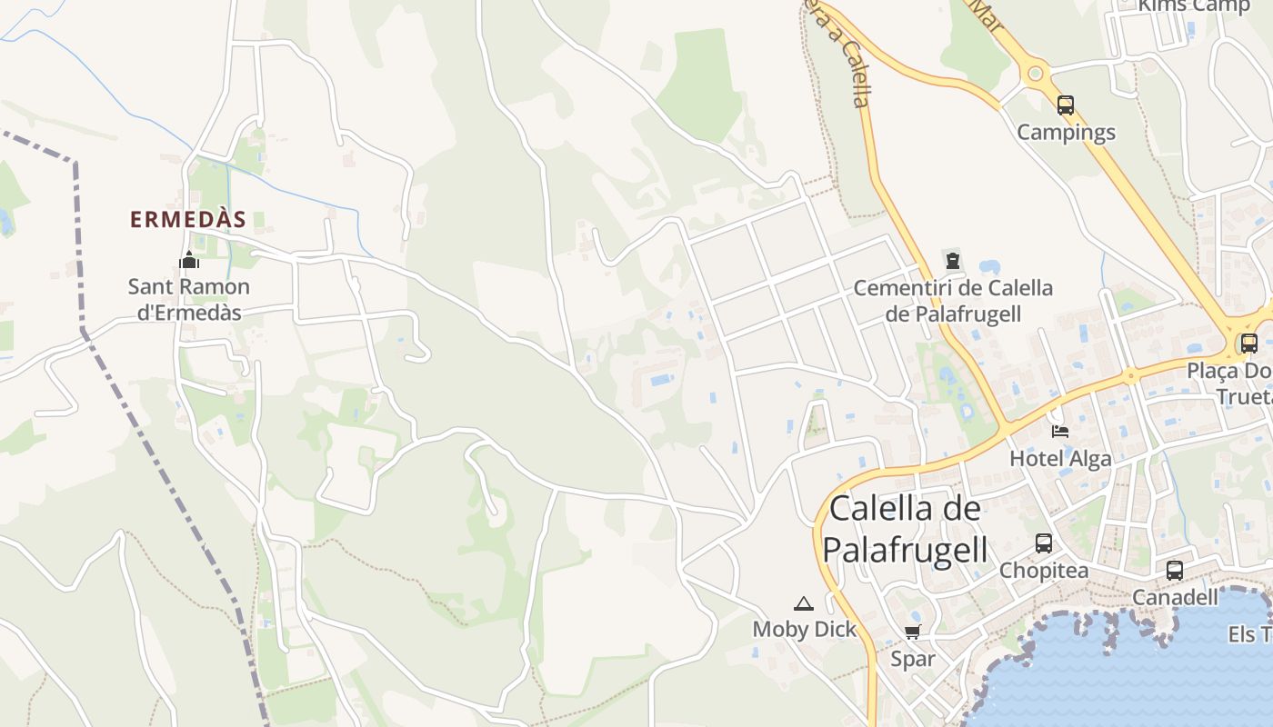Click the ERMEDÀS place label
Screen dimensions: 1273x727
tap(188, 220)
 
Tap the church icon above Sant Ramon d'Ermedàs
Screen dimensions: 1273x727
tap(189, 261)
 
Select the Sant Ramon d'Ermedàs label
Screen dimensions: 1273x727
tap(188, 300)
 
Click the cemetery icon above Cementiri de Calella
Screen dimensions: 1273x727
tap(953, 261)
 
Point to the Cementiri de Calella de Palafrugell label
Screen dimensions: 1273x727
tap(953, 301)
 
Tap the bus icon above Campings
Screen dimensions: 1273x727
tap(1066, 105)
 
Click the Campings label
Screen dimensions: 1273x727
tap(1066, 133)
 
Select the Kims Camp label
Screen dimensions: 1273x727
tap(1195, 6)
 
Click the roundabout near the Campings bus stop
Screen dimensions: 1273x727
tap(1035, 73)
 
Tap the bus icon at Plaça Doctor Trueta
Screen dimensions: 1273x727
tap(1249, 344)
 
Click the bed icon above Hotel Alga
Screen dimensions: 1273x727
tap(1060, 431)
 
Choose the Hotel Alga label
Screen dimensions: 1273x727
tap(1060, 459)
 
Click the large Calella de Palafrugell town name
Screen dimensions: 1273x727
tap(905, 529)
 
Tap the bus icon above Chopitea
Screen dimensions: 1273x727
tap(1044, 543)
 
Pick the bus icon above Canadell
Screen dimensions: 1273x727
tap(1175, 571)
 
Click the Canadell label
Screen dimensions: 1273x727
tap(1175, 597)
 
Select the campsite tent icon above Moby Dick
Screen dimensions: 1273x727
tap(804, 603)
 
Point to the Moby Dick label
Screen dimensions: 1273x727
tap(805, 629)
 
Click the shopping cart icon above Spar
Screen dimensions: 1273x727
tap(913, 632)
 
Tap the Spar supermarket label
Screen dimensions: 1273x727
tap(913, 659)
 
